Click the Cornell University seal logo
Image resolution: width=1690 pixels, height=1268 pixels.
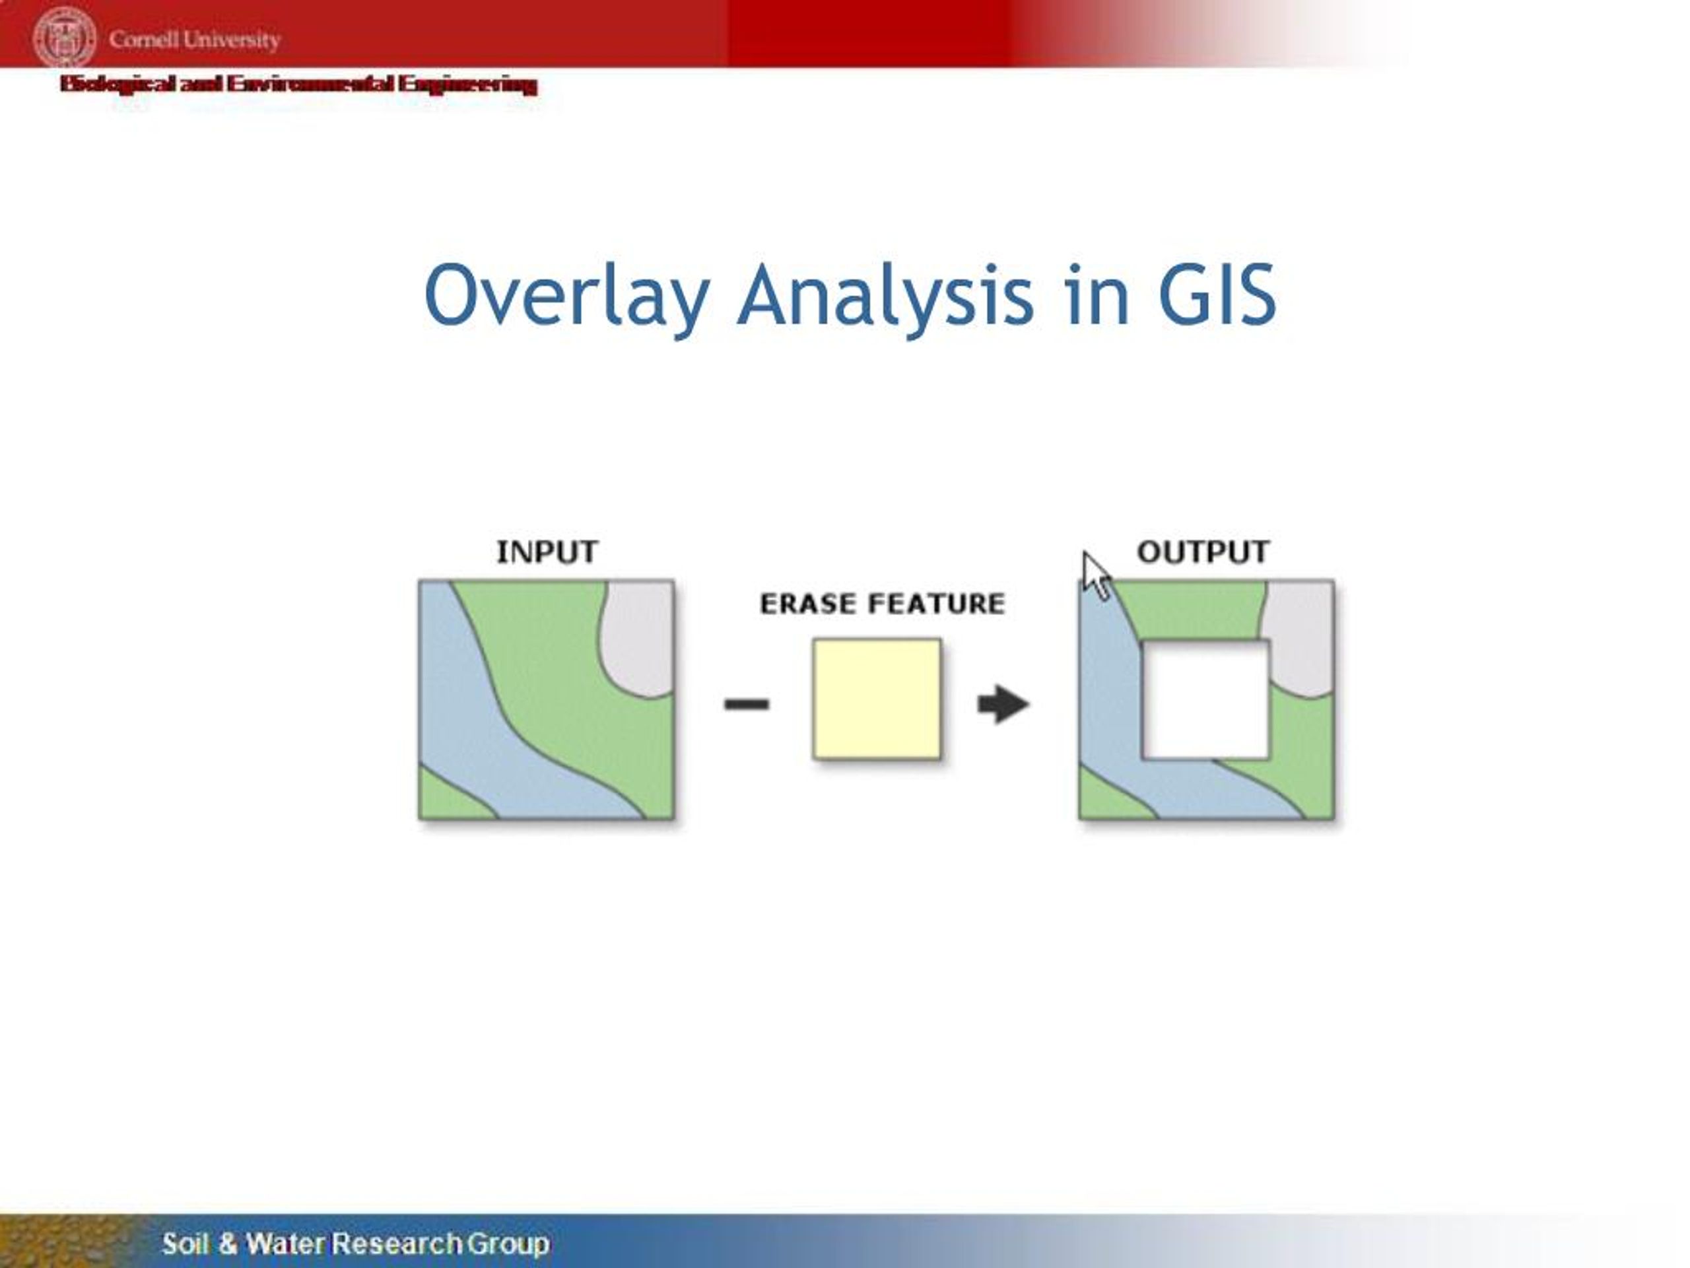click(64, 38)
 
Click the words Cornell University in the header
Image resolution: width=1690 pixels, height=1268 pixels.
click(194, 39)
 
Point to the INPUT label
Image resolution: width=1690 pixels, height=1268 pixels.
click(547, 552)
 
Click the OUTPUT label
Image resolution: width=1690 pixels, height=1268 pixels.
click(1203, 552)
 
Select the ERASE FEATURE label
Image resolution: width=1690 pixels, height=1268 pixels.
click(882, 604)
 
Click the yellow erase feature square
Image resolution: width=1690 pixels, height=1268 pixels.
click(876, 699)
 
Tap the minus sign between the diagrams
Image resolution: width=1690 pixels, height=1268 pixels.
click(747, 704)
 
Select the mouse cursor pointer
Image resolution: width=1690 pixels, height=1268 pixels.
click(1097, 575)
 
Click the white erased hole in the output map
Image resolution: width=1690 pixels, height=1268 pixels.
click(1205, 699)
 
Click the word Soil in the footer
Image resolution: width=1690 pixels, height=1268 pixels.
click(184, 1244)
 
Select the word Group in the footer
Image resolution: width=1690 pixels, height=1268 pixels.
click(508, 1244)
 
